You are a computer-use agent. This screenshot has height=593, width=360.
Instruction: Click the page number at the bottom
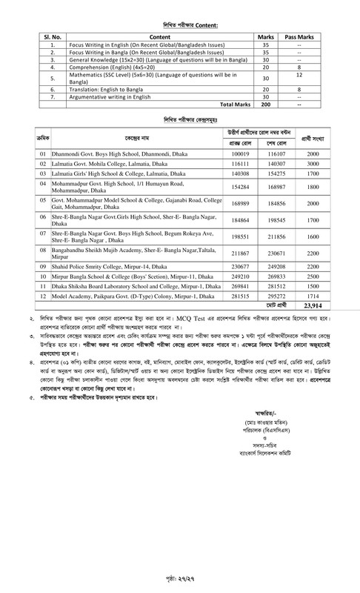tap(180, 575)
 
